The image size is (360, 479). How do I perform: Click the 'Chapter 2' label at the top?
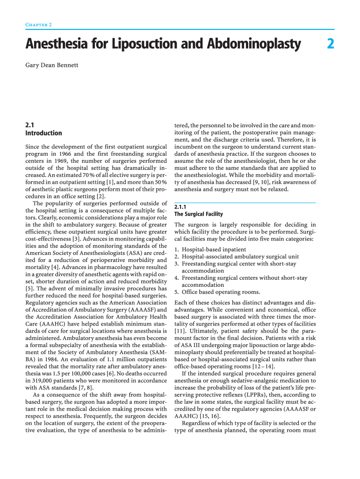pos(38,24)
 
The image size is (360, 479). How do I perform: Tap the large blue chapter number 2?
pos(331,44)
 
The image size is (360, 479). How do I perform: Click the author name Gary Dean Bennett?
pos(52,65)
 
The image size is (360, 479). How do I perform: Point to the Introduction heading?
pos(43,133)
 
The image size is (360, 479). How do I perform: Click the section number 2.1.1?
pos(180,207)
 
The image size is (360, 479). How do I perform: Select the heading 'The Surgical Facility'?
pos(198,214)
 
